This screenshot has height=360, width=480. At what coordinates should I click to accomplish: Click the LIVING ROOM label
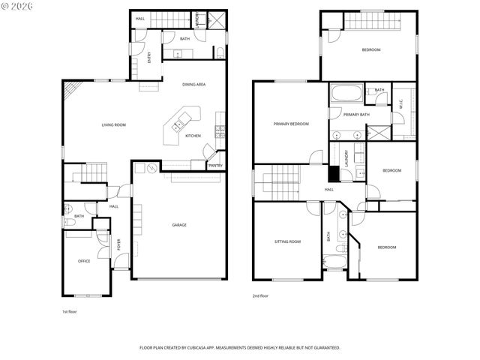coord(113,125)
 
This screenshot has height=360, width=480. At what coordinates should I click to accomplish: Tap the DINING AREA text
coord(193,85)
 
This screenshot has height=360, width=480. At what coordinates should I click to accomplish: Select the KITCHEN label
coord(193,136)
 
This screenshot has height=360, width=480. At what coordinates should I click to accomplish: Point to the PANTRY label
coord(215,165)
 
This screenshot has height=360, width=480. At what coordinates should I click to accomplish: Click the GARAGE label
coord(179,225)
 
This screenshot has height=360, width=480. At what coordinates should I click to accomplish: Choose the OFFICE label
coord(84,261)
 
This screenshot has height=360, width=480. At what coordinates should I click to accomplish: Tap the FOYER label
coord(118,244)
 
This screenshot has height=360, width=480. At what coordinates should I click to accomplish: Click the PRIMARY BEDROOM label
coord(291,124)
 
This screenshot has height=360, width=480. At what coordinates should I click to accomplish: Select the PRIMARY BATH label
coord(356,115)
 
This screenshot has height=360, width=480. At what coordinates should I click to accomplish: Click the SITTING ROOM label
coord(287,241)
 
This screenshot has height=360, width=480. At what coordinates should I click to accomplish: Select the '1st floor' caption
coord(69,311)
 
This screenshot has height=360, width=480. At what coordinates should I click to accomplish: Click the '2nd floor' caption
coord(260,296)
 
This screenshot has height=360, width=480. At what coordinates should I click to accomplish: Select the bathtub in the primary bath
coord(346,95)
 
